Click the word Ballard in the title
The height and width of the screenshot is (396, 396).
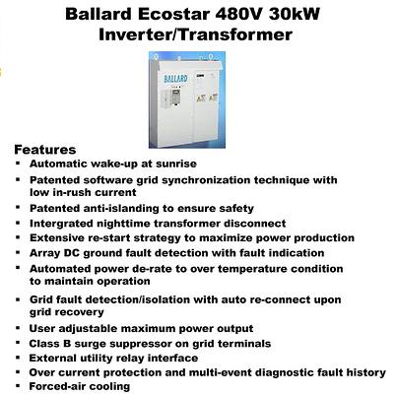click(99, 14)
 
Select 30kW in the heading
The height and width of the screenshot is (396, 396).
click(295, 14)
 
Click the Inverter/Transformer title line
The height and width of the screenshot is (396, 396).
click(195, 34)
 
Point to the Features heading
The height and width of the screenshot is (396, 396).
click(45, 150)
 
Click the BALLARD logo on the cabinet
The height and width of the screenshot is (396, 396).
click(175, 79)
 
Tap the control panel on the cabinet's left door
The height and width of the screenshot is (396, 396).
click(175, 98)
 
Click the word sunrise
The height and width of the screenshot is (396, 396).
click(176, 164)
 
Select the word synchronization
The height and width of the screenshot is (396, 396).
click(207, 180)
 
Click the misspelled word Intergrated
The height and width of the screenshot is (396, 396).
click(61, 224)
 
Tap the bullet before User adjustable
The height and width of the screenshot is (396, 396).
click(18, 328)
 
